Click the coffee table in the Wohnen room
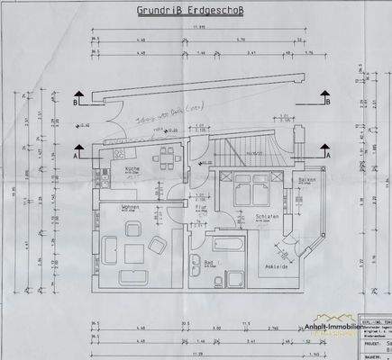tap(125, 247)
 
